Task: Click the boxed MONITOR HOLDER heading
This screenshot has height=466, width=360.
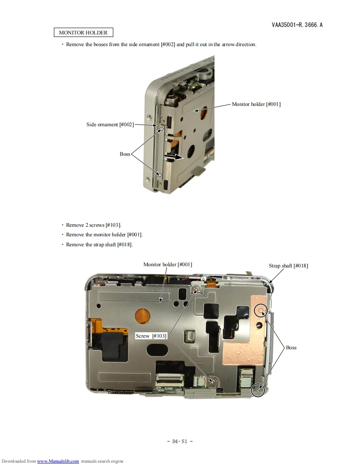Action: tap(83, 32)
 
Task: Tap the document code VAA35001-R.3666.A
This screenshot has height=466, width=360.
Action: tap(297, 25)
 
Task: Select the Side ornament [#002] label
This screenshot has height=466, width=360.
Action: tap(110, 125)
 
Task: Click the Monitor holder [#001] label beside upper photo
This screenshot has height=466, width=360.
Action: tap(256, 104)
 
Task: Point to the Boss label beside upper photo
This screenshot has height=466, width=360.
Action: tap(125, 154)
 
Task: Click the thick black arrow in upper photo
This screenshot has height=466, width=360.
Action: tap(173, 157)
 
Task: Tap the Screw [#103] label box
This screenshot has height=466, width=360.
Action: tap(151, 336)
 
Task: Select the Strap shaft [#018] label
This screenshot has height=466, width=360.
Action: tap(288, 266)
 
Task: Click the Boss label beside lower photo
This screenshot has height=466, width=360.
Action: tap(291, 347)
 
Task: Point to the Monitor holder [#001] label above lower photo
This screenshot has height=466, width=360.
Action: tap(168, 265)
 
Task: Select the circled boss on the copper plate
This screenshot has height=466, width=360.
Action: tap(261, 311)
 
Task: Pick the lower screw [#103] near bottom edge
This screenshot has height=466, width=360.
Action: tap(212, 381)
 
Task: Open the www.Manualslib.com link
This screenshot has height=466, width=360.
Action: tap(58, 461)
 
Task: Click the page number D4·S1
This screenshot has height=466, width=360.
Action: tap(180, 441)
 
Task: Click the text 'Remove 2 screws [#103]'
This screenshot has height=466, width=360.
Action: tap(94, 225)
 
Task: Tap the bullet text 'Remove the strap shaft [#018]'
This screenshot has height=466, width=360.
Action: tap(99, 245)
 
